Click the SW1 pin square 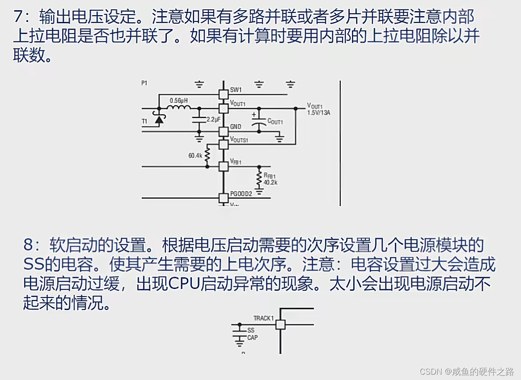coord(223,95)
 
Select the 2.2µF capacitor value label coord(213,120)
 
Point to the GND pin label coord(236,127)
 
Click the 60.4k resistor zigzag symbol coord(207,154)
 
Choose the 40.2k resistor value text coord(270,182)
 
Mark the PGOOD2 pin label coord(241,194)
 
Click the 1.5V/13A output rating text coord(318,113)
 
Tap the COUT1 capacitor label coord(275,121)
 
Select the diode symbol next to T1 coord(158,119)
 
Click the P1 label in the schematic coord(144,83)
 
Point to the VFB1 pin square coord(223,166)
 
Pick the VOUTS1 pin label coord(239,140)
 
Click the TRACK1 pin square coord(280,324)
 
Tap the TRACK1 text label coord(263,318)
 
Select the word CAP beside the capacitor coord(252,338)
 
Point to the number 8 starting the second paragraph coord(29,245)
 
